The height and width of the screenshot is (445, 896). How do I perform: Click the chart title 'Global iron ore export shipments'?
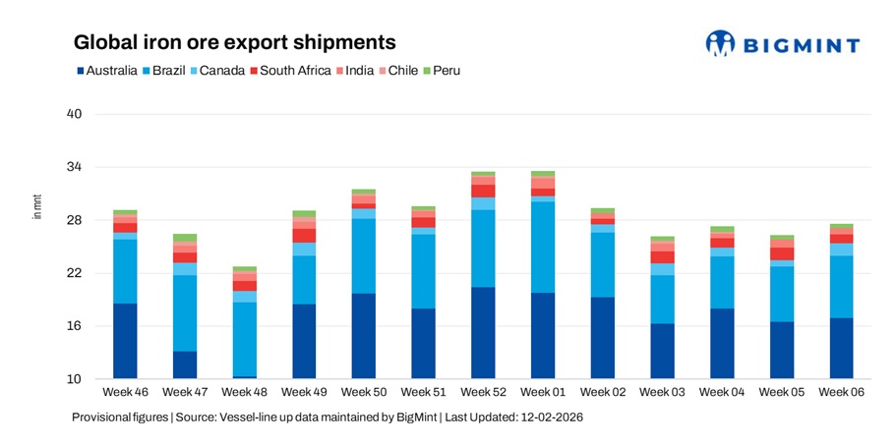coord(235,43)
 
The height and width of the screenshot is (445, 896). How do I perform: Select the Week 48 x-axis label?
coord(245,393)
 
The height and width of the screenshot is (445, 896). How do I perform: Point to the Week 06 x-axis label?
coord(841,393)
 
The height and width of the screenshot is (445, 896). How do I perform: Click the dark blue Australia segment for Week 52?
coord(483,332)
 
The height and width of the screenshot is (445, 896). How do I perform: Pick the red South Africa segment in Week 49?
coord(304,236)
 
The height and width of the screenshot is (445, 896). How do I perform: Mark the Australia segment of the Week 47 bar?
coord(185,364)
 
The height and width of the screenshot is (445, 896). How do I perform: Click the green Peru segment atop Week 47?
coord(185,238)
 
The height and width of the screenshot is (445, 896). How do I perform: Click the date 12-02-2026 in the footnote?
coord(548,417)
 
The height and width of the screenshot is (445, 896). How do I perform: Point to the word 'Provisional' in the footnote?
coord(102,417)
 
